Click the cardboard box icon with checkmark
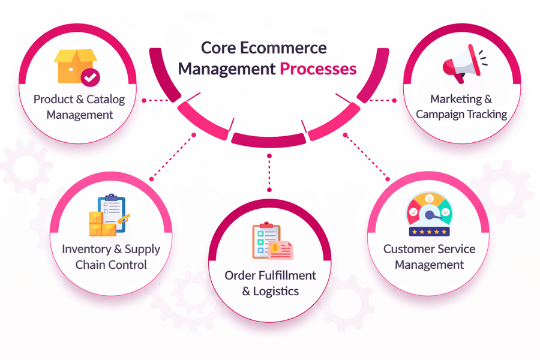(76, 67)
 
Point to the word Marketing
(456, 99)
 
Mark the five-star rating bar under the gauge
(429, 232)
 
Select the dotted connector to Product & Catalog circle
(158, 100)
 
